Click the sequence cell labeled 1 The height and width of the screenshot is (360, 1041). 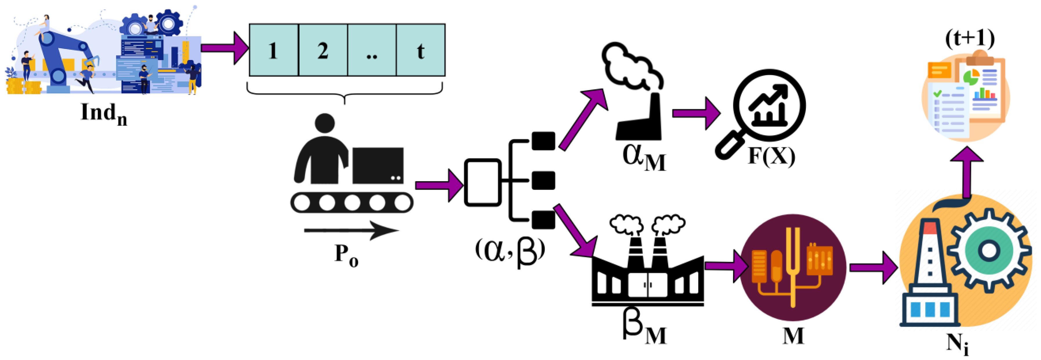tap(273, 50)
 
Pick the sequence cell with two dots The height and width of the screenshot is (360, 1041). tap(371, 50)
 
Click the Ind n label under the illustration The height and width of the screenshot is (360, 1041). tap(104, 114)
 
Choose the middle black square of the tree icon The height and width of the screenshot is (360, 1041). tap(543, 180)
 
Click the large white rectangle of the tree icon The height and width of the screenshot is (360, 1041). tap(483, 182)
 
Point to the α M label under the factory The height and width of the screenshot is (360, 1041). tap(644, 158)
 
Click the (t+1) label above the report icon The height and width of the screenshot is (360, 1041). tap(969, 38)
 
